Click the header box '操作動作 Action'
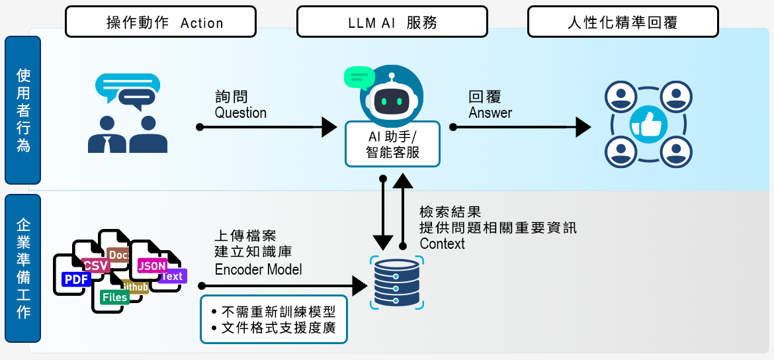click(161, 22)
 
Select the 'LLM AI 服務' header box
click(392, 22)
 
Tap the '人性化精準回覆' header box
click(623, 22)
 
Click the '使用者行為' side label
click(22, 110)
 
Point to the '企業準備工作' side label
click(22, 267)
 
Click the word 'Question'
click(241, 112)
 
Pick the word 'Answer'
click(490, 112)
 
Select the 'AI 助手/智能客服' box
click(392, 144)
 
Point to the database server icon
click(396, 283)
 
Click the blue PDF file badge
click(76, 279)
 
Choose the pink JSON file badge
click(151, 265)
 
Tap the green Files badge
click(114, 297)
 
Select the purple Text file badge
click(172, 276)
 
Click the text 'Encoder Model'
click(258, 269)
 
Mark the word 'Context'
click(442, 244)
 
